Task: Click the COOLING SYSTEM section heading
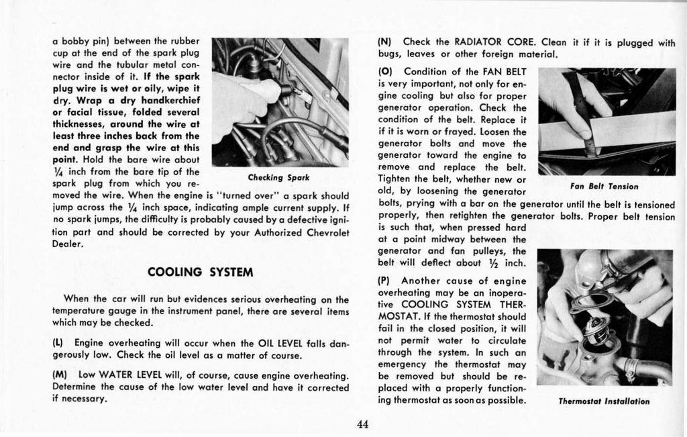pos(200,272)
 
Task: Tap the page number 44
pos(363,424)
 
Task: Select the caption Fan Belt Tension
pos(604,186)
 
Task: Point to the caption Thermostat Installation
pos(603,401)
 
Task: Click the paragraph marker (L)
pos(58,343)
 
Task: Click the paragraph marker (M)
pos(59,374)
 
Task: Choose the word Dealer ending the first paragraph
pos(68,244)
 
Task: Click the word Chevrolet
pos(326,232)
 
